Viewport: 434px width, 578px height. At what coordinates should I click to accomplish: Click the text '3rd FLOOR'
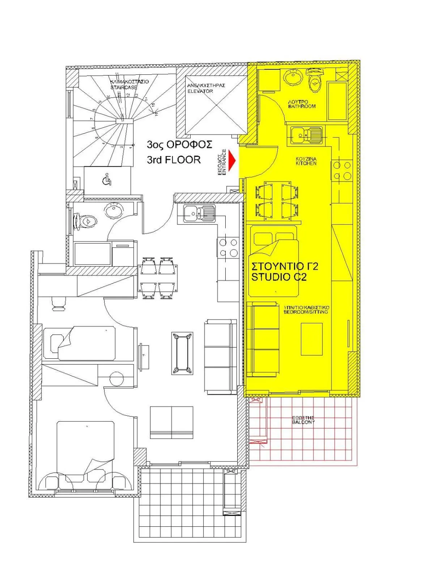174,160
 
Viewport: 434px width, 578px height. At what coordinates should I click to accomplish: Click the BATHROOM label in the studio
302,104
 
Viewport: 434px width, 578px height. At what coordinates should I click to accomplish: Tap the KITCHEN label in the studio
306,161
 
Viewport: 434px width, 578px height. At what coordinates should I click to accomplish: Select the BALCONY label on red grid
303,420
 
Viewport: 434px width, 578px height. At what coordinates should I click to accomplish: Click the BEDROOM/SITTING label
306,310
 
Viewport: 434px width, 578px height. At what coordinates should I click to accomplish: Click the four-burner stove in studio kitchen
342,171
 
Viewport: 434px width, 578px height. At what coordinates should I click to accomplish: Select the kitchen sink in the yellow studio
306,135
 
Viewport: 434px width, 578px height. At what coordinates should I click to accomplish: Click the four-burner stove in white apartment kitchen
228,247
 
